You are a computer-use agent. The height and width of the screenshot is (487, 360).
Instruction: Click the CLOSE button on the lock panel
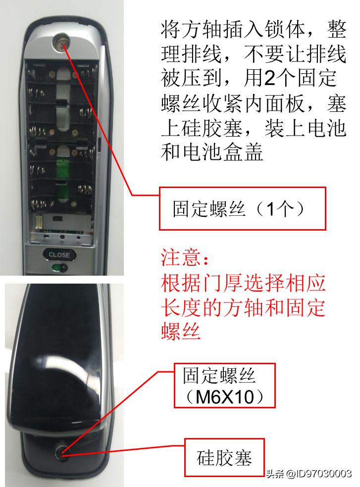(59, 255)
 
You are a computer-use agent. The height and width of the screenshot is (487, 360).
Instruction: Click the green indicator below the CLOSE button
(58, 268)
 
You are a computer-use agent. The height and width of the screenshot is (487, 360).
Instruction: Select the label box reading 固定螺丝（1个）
(242, 208)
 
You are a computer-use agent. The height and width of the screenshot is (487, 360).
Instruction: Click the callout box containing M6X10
(224, 386)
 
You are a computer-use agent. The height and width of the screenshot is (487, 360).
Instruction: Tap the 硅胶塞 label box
(224, 457)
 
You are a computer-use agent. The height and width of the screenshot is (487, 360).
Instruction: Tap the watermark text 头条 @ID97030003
(309, 474)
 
